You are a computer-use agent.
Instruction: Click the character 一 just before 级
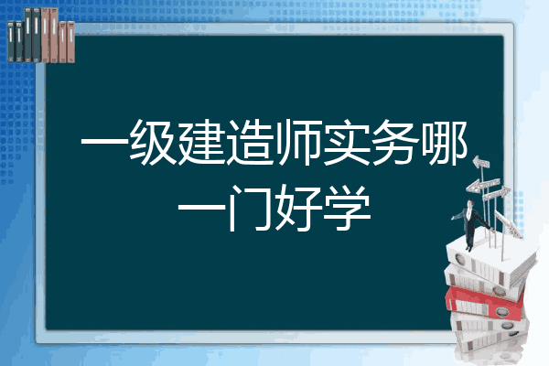coord(104,143)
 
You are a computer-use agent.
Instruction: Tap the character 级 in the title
coord(153,142)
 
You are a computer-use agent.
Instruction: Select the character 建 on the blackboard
coord(201,142)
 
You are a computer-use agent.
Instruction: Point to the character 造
coord(250,142)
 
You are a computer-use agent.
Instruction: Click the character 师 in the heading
coord(298,142)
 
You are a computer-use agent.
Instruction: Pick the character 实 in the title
coord(347,142)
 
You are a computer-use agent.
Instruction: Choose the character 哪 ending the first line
coord(444,142)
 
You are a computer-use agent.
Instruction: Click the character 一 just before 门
coord(201,207)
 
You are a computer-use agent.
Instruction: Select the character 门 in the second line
coord(250,208)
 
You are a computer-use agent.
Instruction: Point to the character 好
coord(298,208)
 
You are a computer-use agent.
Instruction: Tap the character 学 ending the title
coord(347,208)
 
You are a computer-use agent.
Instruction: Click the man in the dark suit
coord(471,224)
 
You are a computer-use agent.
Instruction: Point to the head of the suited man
coord(470,203)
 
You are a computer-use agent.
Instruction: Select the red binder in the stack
coord(485,303)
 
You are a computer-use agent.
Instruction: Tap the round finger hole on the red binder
coord(501,311)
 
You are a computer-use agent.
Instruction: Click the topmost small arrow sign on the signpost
coord(481,163)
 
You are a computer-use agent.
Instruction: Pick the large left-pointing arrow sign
coord(483,185)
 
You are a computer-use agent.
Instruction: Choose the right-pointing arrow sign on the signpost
coord(496,194)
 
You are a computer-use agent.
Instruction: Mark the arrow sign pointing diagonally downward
coord(508,224)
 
